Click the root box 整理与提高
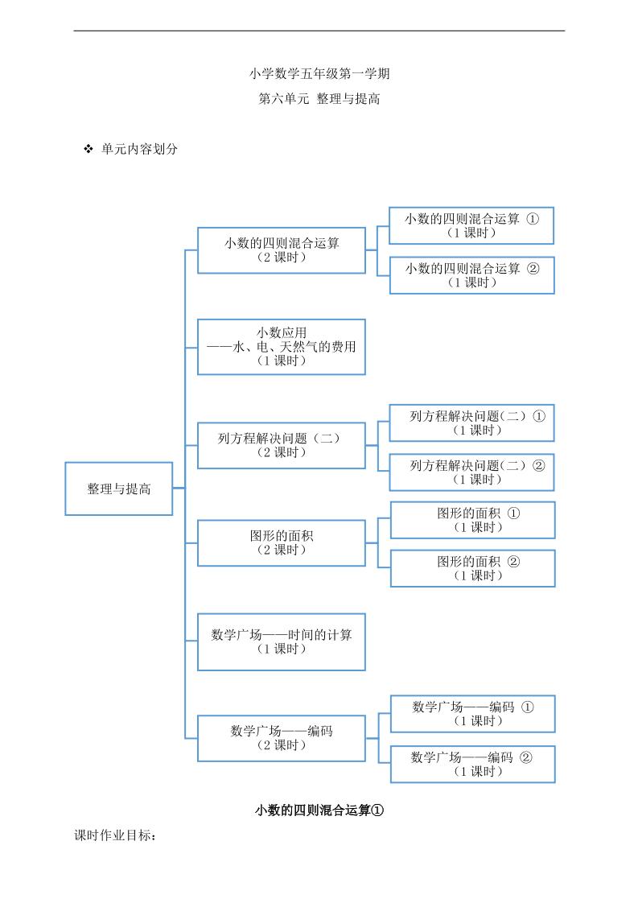click(119, 489)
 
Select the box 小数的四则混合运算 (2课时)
click(282, 250)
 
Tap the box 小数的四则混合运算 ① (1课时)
click(471, 225)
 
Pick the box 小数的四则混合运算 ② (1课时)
click(471, 275)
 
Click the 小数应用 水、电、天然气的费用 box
click(282, 347)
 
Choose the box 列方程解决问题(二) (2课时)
click(282, 445)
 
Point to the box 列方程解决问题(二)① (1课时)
click(472, 423)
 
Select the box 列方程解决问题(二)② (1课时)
click(472, 472)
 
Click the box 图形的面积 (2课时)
click(282, 543)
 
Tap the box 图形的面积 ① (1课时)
click(473, 520)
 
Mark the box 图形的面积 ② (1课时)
click(473, 568)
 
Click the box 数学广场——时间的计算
click(282, 641)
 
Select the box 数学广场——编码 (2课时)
click(282, 738)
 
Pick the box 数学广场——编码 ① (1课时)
click(473, 714)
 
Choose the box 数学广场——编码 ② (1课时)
click(473, 764)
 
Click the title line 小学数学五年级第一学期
click(319, 74)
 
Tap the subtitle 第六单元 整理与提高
click(319, 100)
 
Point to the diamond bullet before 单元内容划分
click(88, 149)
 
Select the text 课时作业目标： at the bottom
click(115, 836)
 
